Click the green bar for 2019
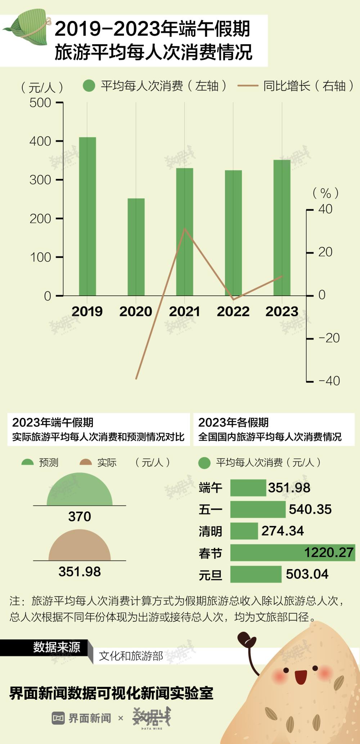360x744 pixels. click(x=87, y=216)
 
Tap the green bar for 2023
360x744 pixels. click(x=282, y=227)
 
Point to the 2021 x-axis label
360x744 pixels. click(x=184, y=312)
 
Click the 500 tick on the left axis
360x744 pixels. click(x=40, y=103)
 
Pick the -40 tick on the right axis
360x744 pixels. click(x=329, y=381)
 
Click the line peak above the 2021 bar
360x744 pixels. click(x=184, y=229)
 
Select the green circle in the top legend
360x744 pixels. click(x=89, y=86)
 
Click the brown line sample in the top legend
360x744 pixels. click(x=248, y=86)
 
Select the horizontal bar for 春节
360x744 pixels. click(x=292, y=553)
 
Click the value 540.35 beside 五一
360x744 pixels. click(x=310, y=509)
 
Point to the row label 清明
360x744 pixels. click(x=210, y=531)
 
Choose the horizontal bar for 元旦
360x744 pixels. click(x=256, y=574)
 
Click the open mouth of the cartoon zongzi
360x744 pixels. click(x=301, y=677)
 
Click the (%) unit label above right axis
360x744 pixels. click(x=325, y=193)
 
